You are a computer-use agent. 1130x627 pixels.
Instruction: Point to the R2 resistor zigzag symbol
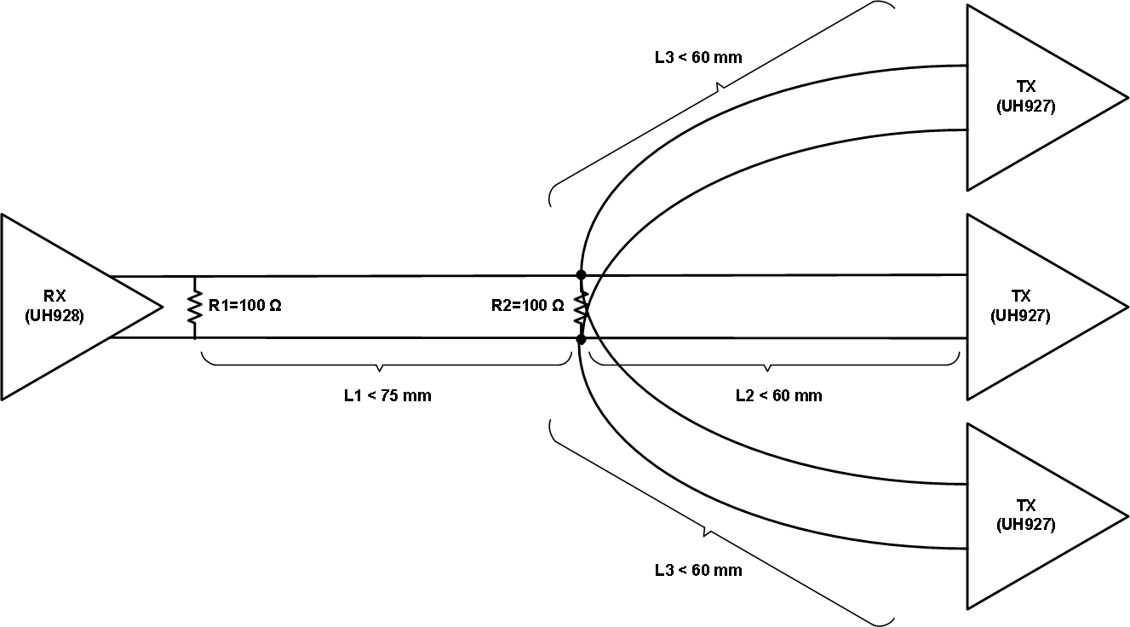[582, 308]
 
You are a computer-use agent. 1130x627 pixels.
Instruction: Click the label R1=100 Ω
[244, 306]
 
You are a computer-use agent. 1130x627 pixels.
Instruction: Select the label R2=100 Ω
[527, 306]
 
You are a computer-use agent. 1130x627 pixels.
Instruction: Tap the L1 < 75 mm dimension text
[381, 396]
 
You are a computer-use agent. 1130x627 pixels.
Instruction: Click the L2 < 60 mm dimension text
[778, 396]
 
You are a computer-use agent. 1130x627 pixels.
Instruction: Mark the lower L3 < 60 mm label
[698, 570]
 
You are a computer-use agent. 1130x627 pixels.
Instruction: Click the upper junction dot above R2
[581, 274]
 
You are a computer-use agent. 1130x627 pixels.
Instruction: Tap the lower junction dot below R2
[581, 339]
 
